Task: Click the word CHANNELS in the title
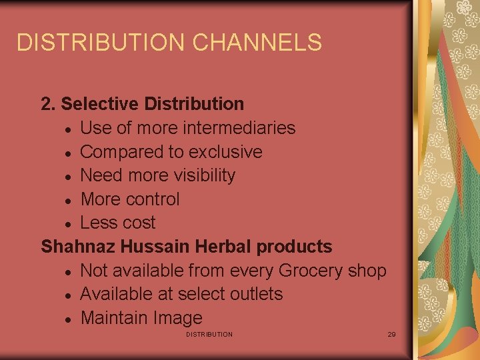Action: (x=257, y=43)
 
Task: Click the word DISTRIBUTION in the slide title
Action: (x=101, y=43)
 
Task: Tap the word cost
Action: (x=136, y=223)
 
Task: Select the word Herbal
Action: (x=223, y=247)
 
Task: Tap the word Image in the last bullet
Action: (x=176, y=318)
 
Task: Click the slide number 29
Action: (x=391, y=334)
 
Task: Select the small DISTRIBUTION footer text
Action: (x=209, y=334)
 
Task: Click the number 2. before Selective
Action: (x=48, y=104)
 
